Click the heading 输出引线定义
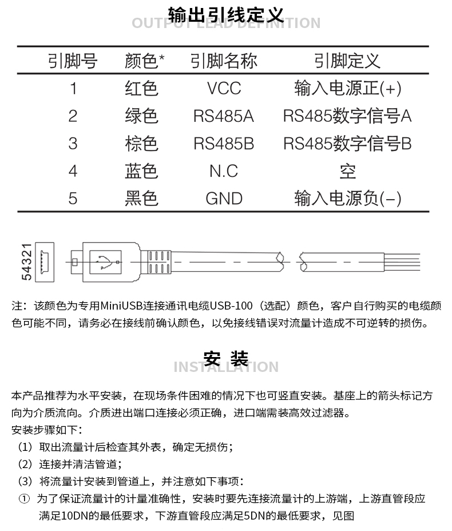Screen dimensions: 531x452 pos(226,14)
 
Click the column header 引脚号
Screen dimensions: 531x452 pos(72,61)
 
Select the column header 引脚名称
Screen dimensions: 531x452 pos(224,61)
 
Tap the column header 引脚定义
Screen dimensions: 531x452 pos(347,61)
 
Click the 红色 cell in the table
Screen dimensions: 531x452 pos(141,88)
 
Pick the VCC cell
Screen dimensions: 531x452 pos(224,88)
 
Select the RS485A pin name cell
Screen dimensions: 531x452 pos(224,116)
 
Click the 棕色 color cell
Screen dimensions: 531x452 pos(141,143)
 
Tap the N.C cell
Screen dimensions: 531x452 pos(224,171)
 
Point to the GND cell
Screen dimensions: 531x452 pos(224,198)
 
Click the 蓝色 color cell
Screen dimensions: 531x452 pos(141,171)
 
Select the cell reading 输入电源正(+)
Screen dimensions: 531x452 pos(347,88)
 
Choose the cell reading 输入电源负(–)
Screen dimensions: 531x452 pos(347,198)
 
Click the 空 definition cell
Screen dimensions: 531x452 pos(347,171)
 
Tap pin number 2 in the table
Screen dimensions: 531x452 pos(72,116)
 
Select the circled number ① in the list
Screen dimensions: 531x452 pos(24,499)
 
